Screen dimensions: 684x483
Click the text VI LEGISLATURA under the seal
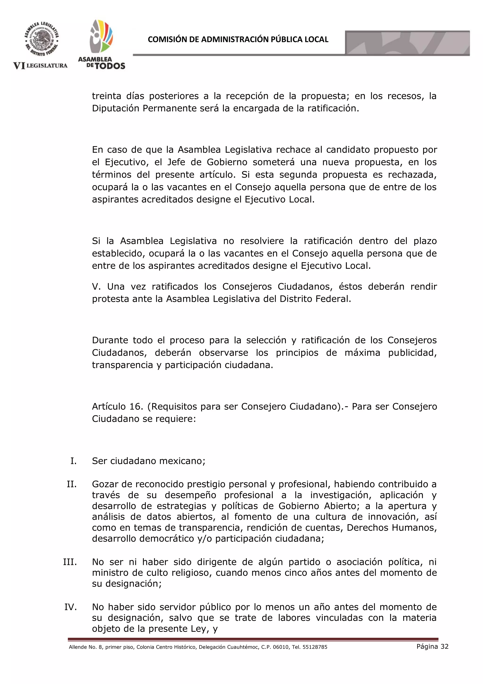pos(41,66)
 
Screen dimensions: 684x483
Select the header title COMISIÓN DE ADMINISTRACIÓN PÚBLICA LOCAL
pos(238,39)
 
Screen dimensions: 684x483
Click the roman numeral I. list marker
pos(73,461)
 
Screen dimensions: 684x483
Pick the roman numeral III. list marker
pos(70,562)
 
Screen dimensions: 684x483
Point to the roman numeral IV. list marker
pos(71,607)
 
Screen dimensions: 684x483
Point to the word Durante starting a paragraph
pos(110,340)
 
